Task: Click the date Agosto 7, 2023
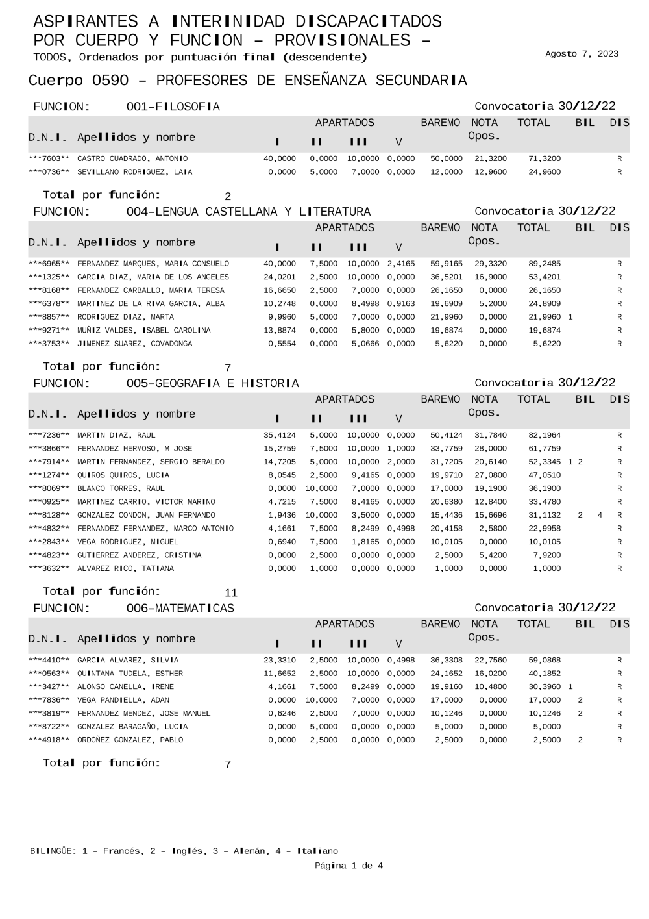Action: coord(582,54)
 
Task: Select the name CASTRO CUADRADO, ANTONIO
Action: coord(132,158)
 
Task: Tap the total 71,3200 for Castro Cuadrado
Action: coord(545,158)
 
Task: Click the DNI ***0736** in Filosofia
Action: coord(49,172)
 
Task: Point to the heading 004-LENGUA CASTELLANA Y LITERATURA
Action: coord(249,212)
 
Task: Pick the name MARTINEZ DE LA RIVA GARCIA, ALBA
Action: coord(151,303)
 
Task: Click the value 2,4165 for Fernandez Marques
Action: coord(400,264)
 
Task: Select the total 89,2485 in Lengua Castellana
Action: coord(545,264)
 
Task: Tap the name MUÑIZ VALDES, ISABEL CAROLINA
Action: coord(143,330)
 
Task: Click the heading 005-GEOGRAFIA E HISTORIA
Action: coord(213,383)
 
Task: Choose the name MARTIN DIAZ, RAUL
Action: coord(116,435)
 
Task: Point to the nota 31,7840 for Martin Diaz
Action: coord(490,435)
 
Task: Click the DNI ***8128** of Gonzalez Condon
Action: coord(49,515)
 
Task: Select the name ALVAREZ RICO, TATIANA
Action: coord(125,568)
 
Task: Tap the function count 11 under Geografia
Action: coord(231,592)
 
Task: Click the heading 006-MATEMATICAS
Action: coord(180,608)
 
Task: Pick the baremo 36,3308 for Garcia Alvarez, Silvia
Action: coord(447,660)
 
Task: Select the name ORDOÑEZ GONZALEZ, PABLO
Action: coord(130,740)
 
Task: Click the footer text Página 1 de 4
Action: coord(349,865)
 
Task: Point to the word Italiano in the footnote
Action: coord(317,851)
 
